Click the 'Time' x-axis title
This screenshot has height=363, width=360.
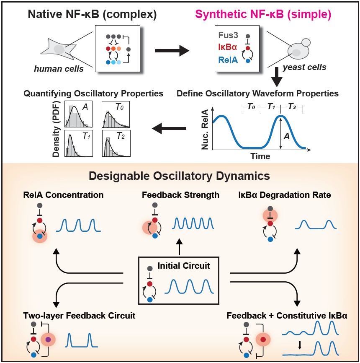coord(260,156)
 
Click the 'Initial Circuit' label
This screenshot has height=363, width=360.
coord(184,265)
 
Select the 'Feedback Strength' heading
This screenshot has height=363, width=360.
coord(180,195)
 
